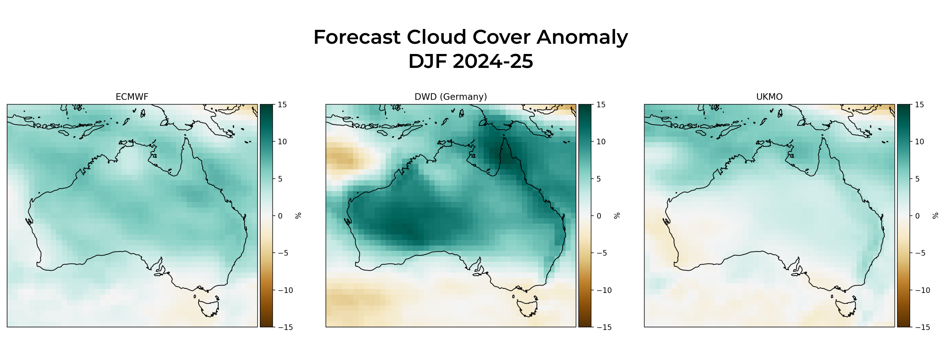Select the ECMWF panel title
[132, 97]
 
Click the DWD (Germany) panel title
[450, 97]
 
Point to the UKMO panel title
[769, 97]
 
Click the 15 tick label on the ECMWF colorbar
[282, 105]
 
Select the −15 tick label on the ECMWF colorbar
[285, 327]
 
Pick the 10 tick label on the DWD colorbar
[601, 142]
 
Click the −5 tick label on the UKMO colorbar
[922, 253]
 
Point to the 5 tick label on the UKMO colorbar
[917, 179]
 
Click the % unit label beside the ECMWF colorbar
[298, 216]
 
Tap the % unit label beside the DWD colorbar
[617, 216]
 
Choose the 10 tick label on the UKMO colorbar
[919, 142]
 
